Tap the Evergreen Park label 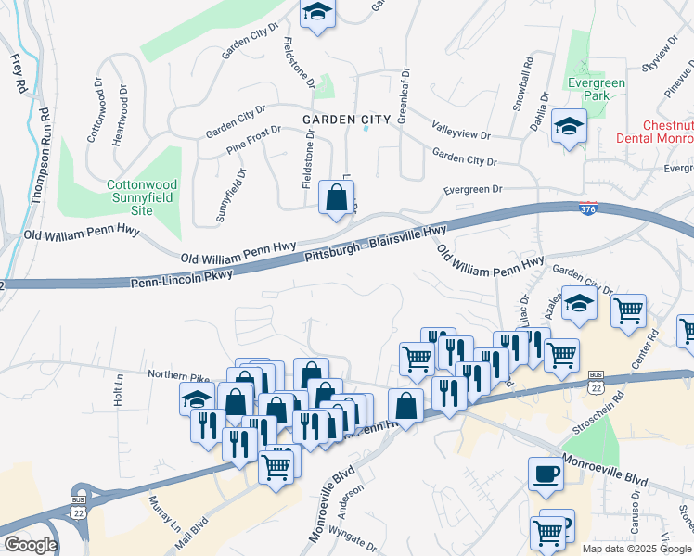[597, 89]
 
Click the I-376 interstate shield [587, 210]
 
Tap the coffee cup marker [546, 474]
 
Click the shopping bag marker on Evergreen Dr [336, 197]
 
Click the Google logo [32, 545]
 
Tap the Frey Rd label [18, 73]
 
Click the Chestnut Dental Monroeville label [655, 131]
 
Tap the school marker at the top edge [318, 13]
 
